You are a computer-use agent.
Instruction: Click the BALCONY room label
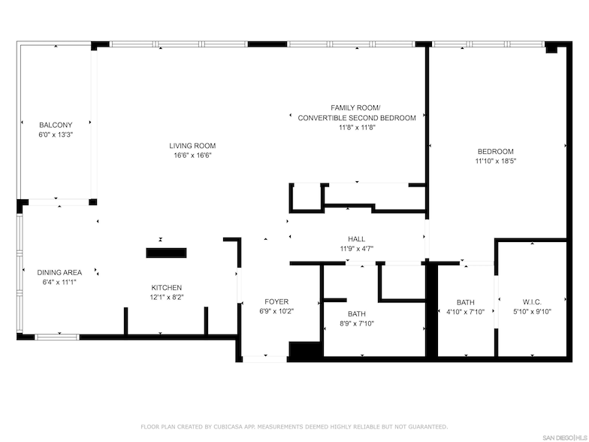point(56,125)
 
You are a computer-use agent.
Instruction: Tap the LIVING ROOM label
point(192,146)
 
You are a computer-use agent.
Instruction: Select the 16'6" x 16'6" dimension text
point(192,155)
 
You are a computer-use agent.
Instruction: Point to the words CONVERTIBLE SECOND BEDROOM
point(357,118)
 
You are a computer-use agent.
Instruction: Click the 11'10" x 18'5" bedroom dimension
point(496,161)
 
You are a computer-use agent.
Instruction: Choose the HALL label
point(356,239)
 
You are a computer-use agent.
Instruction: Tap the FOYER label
point(276,302)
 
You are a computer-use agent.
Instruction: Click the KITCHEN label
point(167,288)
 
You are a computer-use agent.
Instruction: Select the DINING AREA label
point(59,272)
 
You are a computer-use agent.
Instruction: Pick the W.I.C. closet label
point(532,302)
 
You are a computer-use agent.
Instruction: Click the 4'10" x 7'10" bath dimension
point(466,311)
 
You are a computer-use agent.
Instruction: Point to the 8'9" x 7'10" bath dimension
point(357,323)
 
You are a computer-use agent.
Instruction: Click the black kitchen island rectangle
point(167,253)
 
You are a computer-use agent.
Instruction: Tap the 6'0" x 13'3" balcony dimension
point(56,135)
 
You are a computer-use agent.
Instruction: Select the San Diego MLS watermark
point(566,437)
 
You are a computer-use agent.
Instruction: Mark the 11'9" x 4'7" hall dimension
point(356,249)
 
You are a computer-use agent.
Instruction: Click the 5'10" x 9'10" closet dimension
point(532,311)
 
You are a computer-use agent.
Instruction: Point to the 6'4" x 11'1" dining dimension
point(59,283)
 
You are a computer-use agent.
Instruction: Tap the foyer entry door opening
point(264,359)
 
